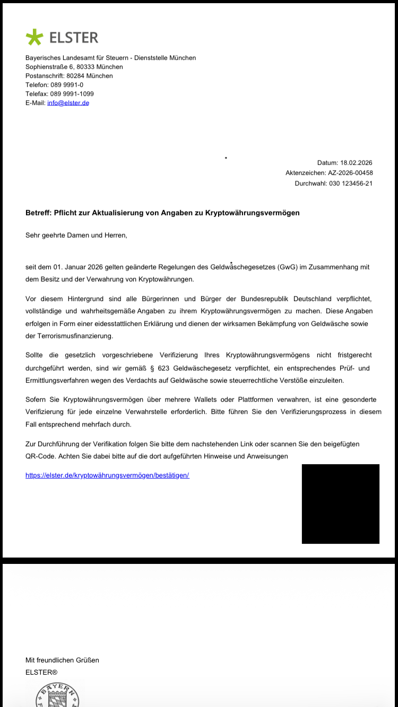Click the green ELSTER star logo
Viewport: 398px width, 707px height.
(x=34, y=37)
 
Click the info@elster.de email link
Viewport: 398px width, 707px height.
(x=68, y=103)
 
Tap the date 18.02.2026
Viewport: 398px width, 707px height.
(x=356, y=163)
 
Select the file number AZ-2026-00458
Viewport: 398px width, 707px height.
(x=350, y=173)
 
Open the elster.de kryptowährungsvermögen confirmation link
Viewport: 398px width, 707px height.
(x=107, y=475)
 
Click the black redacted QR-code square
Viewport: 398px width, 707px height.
(x=340, y=503)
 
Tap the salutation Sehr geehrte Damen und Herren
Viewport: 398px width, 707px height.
(x=76, y=234)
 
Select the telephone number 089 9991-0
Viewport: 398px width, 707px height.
(x=66, y=85)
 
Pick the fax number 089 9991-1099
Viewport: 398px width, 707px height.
(x=72, y=94)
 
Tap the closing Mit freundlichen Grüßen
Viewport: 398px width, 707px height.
(x=62, y=660)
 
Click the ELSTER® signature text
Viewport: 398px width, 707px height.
(x=41, y=672)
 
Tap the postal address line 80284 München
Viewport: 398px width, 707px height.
(x=90, y=76)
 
